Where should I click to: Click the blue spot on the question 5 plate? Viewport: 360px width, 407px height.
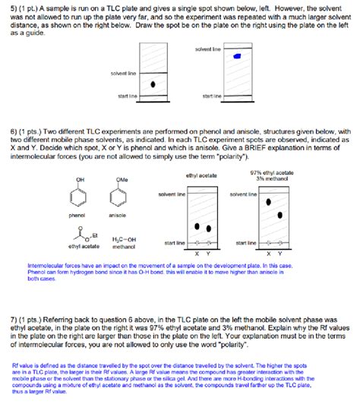click(x=237, y=57)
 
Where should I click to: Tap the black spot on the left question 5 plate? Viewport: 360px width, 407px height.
click(x=154, y=84)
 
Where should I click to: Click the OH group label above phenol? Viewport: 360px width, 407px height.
click(x=77, y=179)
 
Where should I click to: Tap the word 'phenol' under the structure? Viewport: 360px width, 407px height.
click(x=77, y=215)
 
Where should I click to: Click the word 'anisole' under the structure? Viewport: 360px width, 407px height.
click(x=118, y=215)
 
